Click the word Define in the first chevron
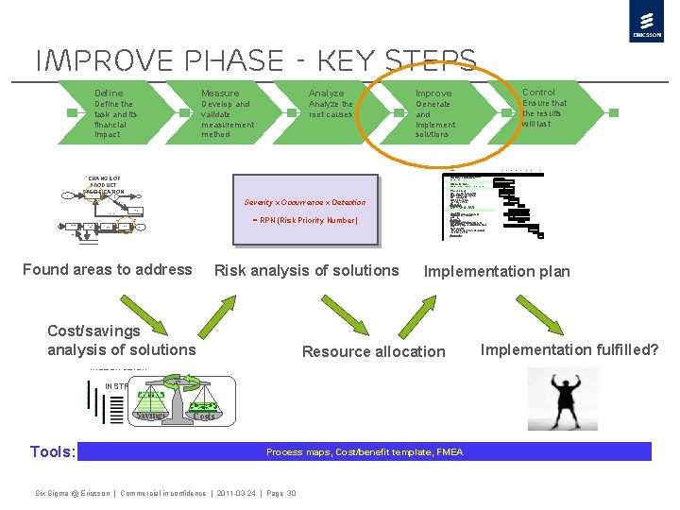(x=109, y=93)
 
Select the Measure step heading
(x=220, y=93)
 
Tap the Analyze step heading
(x=326, y=93)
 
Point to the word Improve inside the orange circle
(x=433, y=93)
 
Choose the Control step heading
(x=538, y=93)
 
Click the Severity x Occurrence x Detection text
(x=304, y=202)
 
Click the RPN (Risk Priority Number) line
(x=304, y=220)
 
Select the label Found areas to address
(x=107, y=270)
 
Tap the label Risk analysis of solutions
(x=307, y=271)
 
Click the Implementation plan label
(x=497, y=272)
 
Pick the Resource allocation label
(x=373, y=351)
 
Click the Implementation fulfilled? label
(x=569, y=350)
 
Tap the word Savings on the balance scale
(x=150, y=415)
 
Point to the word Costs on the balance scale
(x=204, y=415)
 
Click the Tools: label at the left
(x=52, y=451)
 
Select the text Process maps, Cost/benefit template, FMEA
(x=365, y=452)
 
